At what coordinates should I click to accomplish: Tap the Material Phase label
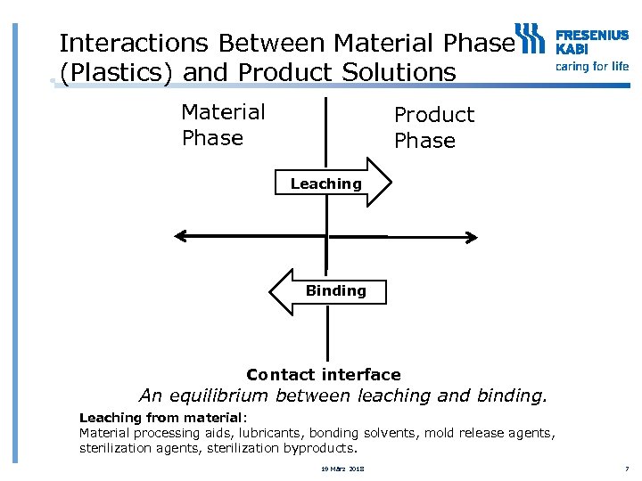pyautogui.click(x=223, y=125)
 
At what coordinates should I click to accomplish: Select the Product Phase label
pyautogui.click(x=433, y=127)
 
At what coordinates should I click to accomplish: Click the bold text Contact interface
pyautogui.click(x=323, y=375)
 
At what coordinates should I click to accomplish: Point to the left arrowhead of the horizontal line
pyautogui.click(x=180, y=236)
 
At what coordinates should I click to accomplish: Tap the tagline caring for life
pyautogui.click(x=592, y=66)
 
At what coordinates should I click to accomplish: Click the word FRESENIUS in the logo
pyautogui.click(x=592, y=36)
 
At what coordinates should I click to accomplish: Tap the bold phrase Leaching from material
pyautogui.click(x=160, y=418)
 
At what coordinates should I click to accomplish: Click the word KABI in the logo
pyautogui.click(x=572, y=49)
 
